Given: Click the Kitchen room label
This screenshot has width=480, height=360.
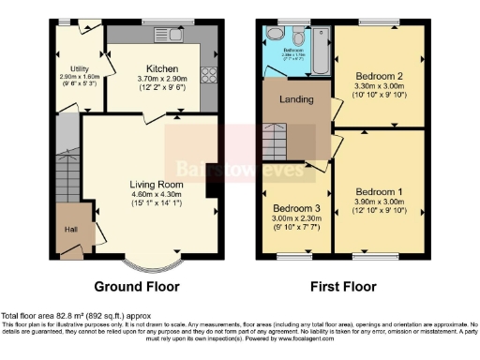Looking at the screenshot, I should (x=163, y=68).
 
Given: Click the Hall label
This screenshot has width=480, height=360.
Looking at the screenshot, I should (x=70, y=228).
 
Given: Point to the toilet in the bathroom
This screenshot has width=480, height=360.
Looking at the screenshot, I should (x=274, y=34).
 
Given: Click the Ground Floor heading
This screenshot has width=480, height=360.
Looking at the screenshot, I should (x=139, y=286).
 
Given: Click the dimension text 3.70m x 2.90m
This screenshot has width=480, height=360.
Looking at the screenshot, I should (x=163, y=79).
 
